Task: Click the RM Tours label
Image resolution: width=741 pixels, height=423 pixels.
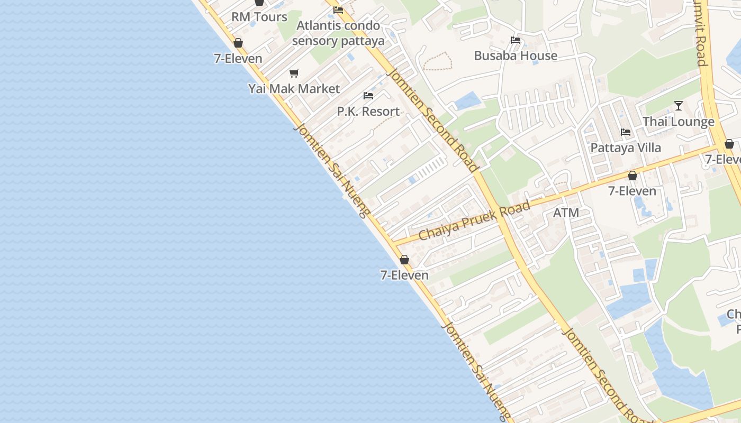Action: coord(259,17)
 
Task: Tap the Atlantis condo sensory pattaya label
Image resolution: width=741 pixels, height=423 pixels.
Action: coord(338,33)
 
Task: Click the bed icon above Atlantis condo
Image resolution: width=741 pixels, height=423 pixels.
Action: coord(338,10)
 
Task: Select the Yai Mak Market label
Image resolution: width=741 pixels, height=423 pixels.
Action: coord(294,88)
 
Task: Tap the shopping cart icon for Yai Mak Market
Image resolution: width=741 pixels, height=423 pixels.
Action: coord(294,73)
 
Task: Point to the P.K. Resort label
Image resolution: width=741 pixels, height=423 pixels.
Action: coord(368,111)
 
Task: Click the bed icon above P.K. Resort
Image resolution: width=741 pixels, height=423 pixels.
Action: coord(368,96)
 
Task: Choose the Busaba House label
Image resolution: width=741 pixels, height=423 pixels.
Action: coord(516,56)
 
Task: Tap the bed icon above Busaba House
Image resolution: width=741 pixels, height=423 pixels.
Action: coord(516,40)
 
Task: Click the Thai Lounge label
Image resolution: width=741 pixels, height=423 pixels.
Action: coord(678,122)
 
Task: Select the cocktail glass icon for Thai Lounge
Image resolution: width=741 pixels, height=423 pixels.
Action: coord(678,106)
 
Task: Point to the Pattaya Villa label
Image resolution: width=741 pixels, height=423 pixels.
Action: coord(626,148)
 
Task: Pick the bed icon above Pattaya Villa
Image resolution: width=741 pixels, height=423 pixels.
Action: coord(626,132)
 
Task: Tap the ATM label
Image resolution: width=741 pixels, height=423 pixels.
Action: coord(566,213)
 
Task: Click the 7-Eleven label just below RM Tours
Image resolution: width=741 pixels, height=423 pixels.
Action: coord(238,58)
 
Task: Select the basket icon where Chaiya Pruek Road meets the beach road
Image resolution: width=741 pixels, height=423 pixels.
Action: coord(404,260)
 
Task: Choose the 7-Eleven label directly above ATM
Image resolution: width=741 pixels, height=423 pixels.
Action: coord(632,191)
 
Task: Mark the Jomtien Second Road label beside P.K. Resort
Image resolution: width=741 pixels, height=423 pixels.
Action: coord(432,120)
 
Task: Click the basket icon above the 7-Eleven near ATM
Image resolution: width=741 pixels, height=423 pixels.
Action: coord(632,176)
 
